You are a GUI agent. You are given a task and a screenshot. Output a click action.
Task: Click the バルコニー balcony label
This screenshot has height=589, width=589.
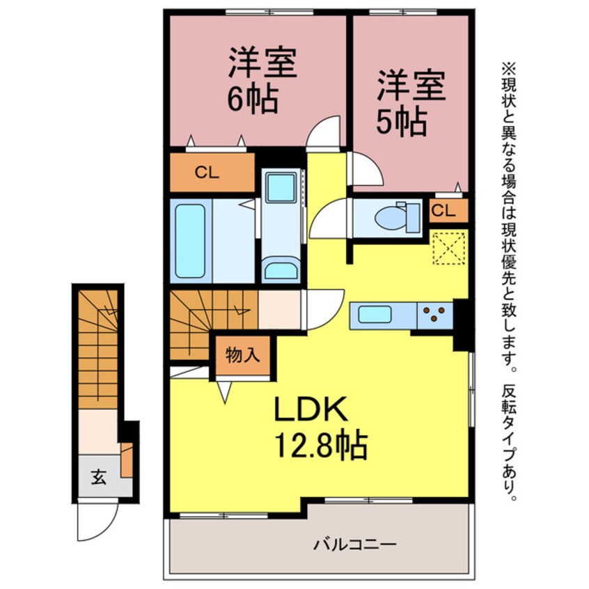(x=355, y=544)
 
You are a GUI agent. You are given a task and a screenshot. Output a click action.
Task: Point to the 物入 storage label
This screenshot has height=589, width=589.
(x=243, y=354)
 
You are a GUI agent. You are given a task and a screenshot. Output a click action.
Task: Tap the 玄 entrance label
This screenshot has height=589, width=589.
(x=98, y=477)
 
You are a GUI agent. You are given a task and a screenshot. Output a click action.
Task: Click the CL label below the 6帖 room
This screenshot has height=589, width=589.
(x=207, y=173)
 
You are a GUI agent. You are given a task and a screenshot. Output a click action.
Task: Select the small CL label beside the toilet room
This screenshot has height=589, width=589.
(x=443, y=211)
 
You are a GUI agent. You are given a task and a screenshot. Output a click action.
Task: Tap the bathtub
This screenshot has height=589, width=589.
(x=190, y=241)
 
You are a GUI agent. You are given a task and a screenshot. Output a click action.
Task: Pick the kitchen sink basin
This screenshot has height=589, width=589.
(x=375, y=314)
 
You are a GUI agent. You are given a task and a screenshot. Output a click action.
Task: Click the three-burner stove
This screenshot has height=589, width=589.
(x=434, y=315)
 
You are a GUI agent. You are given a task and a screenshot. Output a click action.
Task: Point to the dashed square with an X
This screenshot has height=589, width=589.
(x=449, y=249)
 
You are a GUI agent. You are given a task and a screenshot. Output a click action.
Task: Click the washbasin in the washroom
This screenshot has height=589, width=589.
(x=280, y=270)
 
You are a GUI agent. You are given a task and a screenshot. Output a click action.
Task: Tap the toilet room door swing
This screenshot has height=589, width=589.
(x=329, y=219)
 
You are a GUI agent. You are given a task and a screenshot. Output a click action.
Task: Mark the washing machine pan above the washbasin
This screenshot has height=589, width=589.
(x=280, y=188)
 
